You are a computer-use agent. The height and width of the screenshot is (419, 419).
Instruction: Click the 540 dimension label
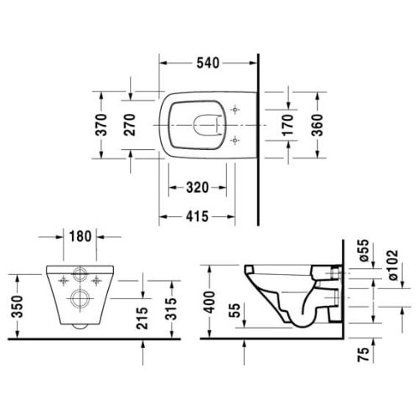pos(209,62)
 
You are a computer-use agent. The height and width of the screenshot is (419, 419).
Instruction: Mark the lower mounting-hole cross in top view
pos(235,138)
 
